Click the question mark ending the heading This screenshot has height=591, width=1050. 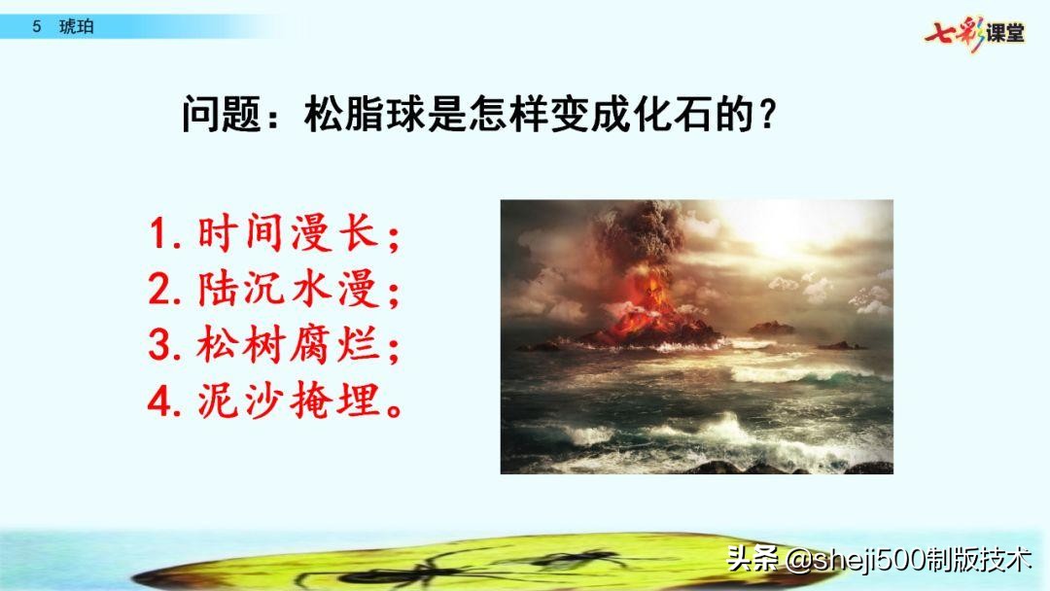click(768, 117)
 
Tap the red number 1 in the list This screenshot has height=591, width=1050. click(161, 234)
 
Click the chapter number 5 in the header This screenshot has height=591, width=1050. click(37, 27)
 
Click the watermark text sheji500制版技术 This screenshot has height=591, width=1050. click(909, 560)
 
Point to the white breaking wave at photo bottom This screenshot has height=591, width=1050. click(739, 433)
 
